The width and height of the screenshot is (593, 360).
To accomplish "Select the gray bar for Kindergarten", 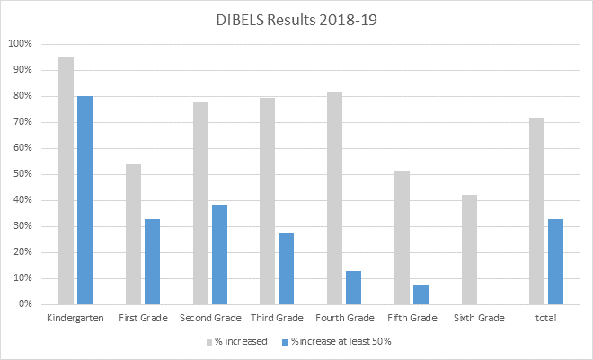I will click(x=66, y=180).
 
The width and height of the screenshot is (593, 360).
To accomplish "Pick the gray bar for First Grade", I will click(x=133, y=234).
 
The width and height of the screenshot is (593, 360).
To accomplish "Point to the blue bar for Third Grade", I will click(x=287, y=268).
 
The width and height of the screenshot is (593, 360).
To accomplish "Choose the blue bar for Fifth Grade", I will click(x=420, y=294).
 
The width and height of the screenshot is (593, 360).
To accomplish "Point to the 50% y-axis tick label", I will click(x=22, y=174).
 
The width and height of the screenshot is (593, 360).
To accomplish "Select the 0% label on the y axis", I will click(x=24, y=304).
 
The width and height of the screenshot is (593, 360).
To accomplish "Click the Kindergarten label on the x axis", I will click(x=75, y=319).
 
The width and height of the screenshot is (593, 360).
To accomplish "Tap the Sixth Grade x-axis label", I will click(x=478, y=319).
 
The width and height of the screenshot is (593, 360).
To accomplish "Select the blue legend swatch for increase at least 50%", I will click(x=285, y=341).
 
